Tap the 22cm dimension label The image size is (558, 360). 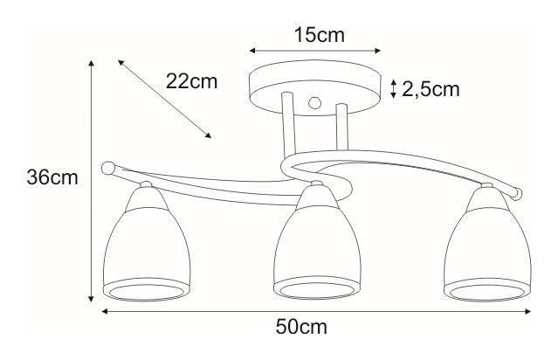tap(190, 82)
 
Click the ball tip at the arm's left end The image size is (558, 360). tap(108, 167)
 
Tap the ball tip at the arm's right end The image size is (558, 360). tap(519, 190)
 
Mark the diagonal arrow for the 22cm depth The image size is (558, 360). tap(164, 99)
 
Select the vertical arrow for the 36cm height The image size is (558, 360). tap(92, 180)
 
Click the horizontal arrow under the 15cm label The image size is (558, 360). tap(315, 51)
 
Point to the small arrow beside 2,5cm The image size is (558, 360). tap(394, 88)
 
